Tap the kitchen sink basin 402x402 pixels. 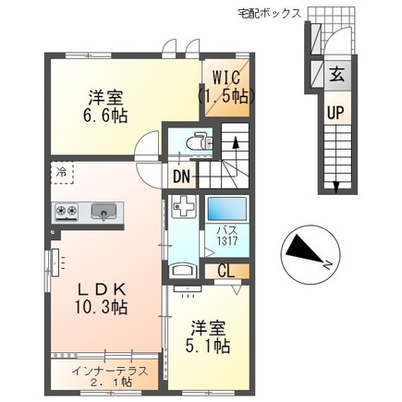click(x=104, y=212)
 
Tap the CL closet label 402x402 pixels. click(x=225, y=271)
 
